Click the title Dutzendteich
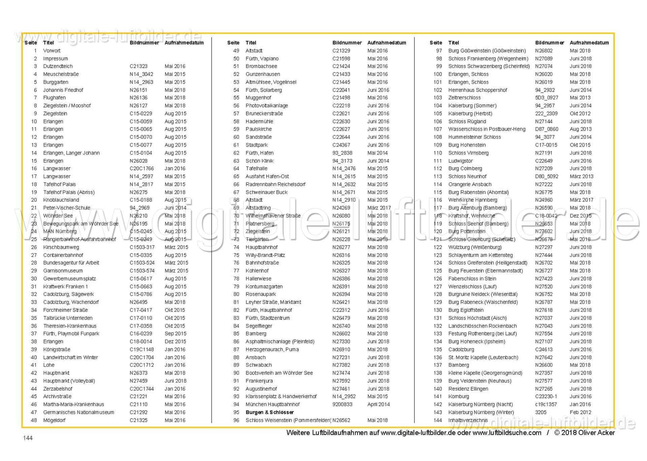(x=58, y=66)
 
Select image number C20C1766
(x=142, y=169)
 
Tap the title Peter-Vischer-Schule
(x=67, y=208)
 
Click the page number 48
(x=34, y=420)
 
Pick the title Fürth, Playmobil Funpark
(x=71, y=334)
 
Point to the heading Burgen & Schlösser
(x=270, y=413)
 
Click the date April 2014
(x=378, y=404)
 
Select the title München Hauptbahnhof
(x=273, y=404)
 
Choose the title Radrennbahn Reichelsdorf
(x=275, y=185)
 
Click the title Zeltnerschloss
(x=464, y=98)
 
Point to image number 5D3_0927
(x=547, y=98)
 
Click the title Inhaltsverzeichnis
(x=468, y=420)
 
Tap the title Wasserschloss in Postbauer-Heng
(x=487, y=129)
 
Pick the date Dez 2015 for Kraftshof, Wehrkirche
(x=581, y=216)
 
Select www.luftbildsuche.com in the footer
(x=507, y=433)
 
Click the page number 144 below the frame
(x=28, y=438)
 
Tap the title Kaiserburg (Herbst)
(x=470, y=113)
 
